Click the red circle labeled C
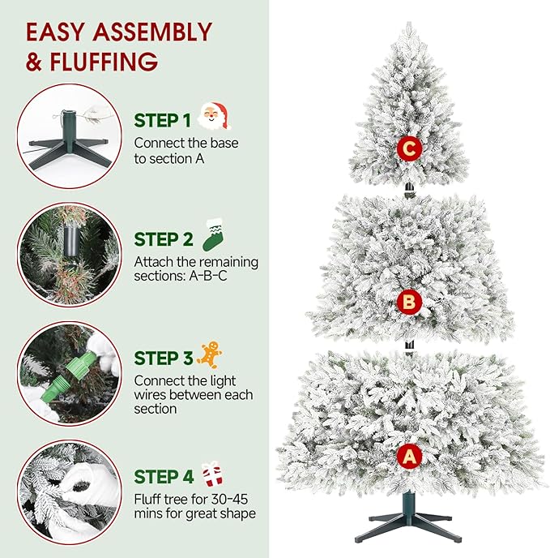(x=410, y=148)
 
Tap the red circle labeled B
(x=410, y=303)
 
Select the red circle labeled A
(x=410, y=457)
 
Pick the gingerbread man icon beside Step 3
(x=210, y=354)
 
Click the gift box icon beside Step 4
(x=212, y=472)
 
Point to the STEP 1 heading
(x=163, y=121)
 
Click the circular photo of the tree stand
(x=69, y=135)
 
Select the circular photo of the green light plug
(x=69, y=373)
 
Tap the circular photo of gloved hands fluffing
(x=69, y=491)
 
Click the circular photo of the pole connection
(x=69, y=255)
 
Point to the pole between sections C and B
(x=410, y=191)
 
